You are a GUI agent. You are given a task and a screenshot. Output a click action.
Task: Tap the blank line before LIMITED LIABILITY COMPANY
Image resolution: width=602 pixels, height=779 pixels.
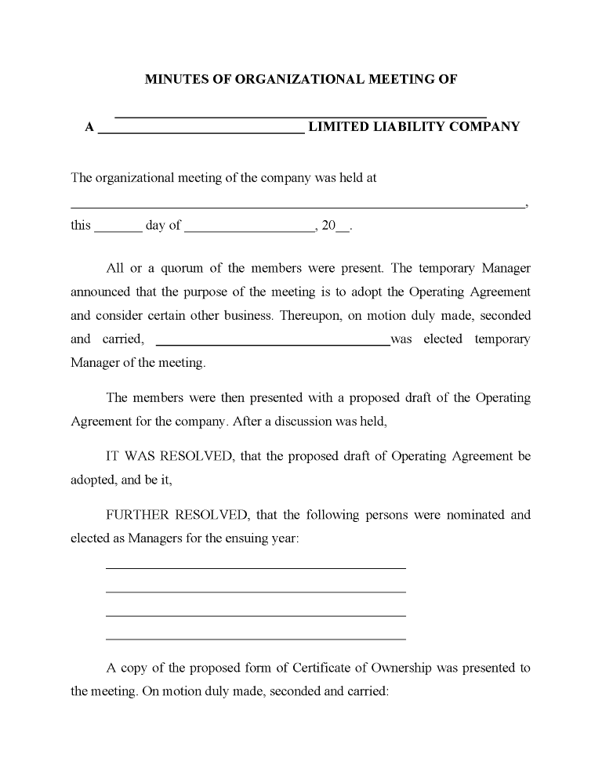pyautogui.click(x=201, y=133)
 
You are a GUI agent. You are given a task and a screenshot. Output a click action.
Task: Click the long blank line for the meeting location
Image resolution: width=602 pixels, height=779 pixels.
pyautogui.click(x=297, y=206)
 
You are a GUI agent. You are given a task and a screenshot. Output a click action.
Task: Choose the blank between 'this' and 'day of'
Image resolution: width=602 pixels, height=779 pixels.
pyautogui.click(x=118, y=231)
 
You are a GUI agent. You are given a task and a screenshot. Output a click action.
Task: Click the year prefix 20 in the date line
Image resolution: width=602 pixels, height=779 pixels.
pyautogui.click(x=328, y=226)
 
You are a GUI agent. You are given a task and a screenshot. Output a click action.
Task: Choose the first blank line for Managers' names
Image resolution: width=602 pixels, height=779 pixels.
pyautogui.click(x=256, y=567)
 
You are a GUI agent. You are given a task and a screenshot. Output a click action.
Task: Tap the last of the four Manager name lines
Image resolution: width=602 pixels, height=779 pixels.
pyautogui.click(x=256, y=639)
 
